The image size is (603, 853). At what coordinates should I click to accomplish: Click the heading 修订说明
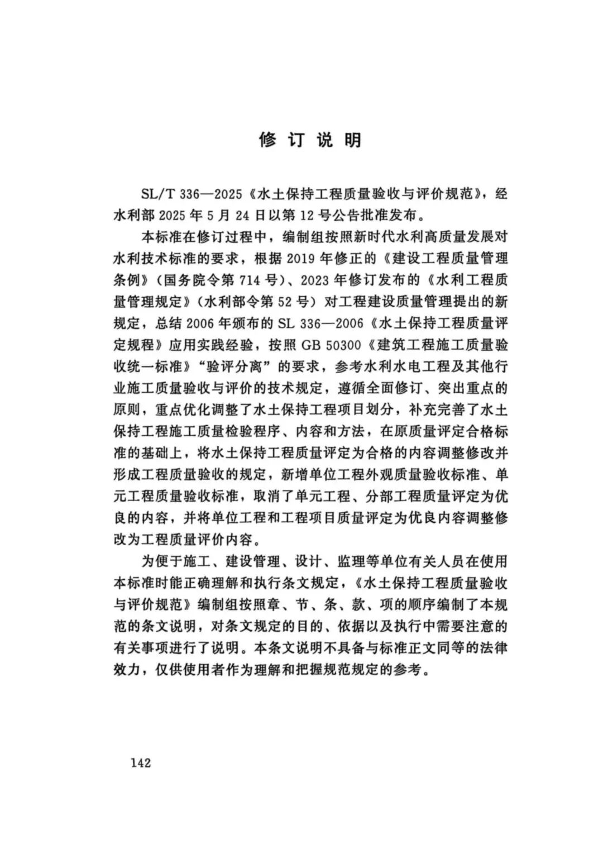coord(310,140)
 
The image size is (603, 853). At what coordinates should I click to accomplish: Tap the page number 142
coord(141,763)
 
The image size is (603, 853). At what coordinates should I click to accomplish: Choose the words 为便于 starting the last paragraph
coord(161,561)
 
